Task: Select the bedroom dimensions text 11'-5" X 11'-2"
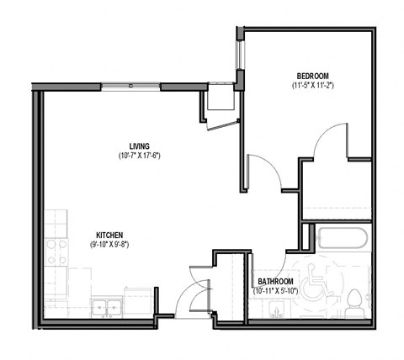click(x=315, y=85)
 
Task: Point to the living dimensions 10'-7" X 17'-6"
click(x=140, y=156)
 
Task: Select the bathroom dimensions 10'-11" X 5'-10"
click(x=274, y=291)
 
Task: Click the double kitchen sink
click(x=107, y=307)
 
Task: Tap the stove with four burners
click(x=56, y=251)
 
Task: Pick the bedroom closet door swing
click(x=330, y=141)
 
